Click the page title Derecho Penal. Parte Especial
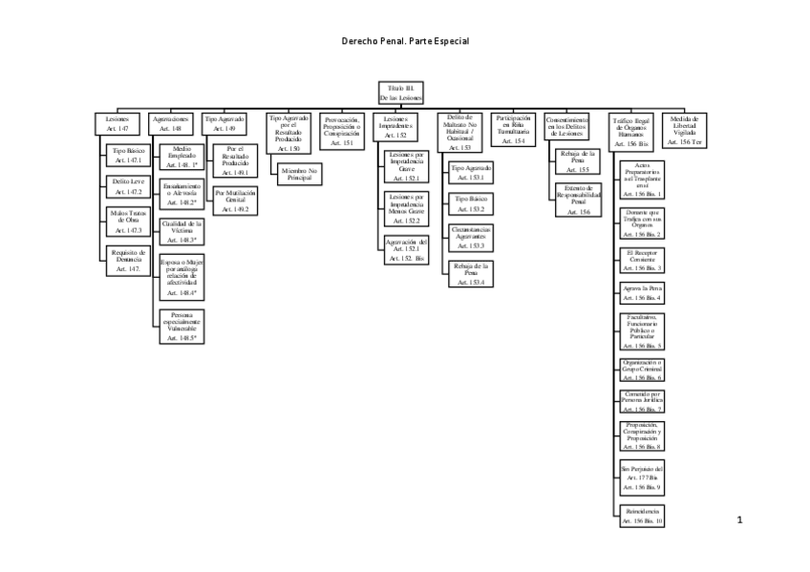coord(405,42)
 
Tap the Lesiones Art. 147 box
coord(117,123)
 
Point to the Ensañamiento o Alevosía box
coord(181,194)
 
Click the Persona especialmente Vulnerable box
coord(181,326)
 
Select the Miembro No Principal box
coord(299,174)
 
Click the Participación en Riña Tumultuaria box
coord(513,129)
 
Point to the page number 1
coord(739,519)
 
